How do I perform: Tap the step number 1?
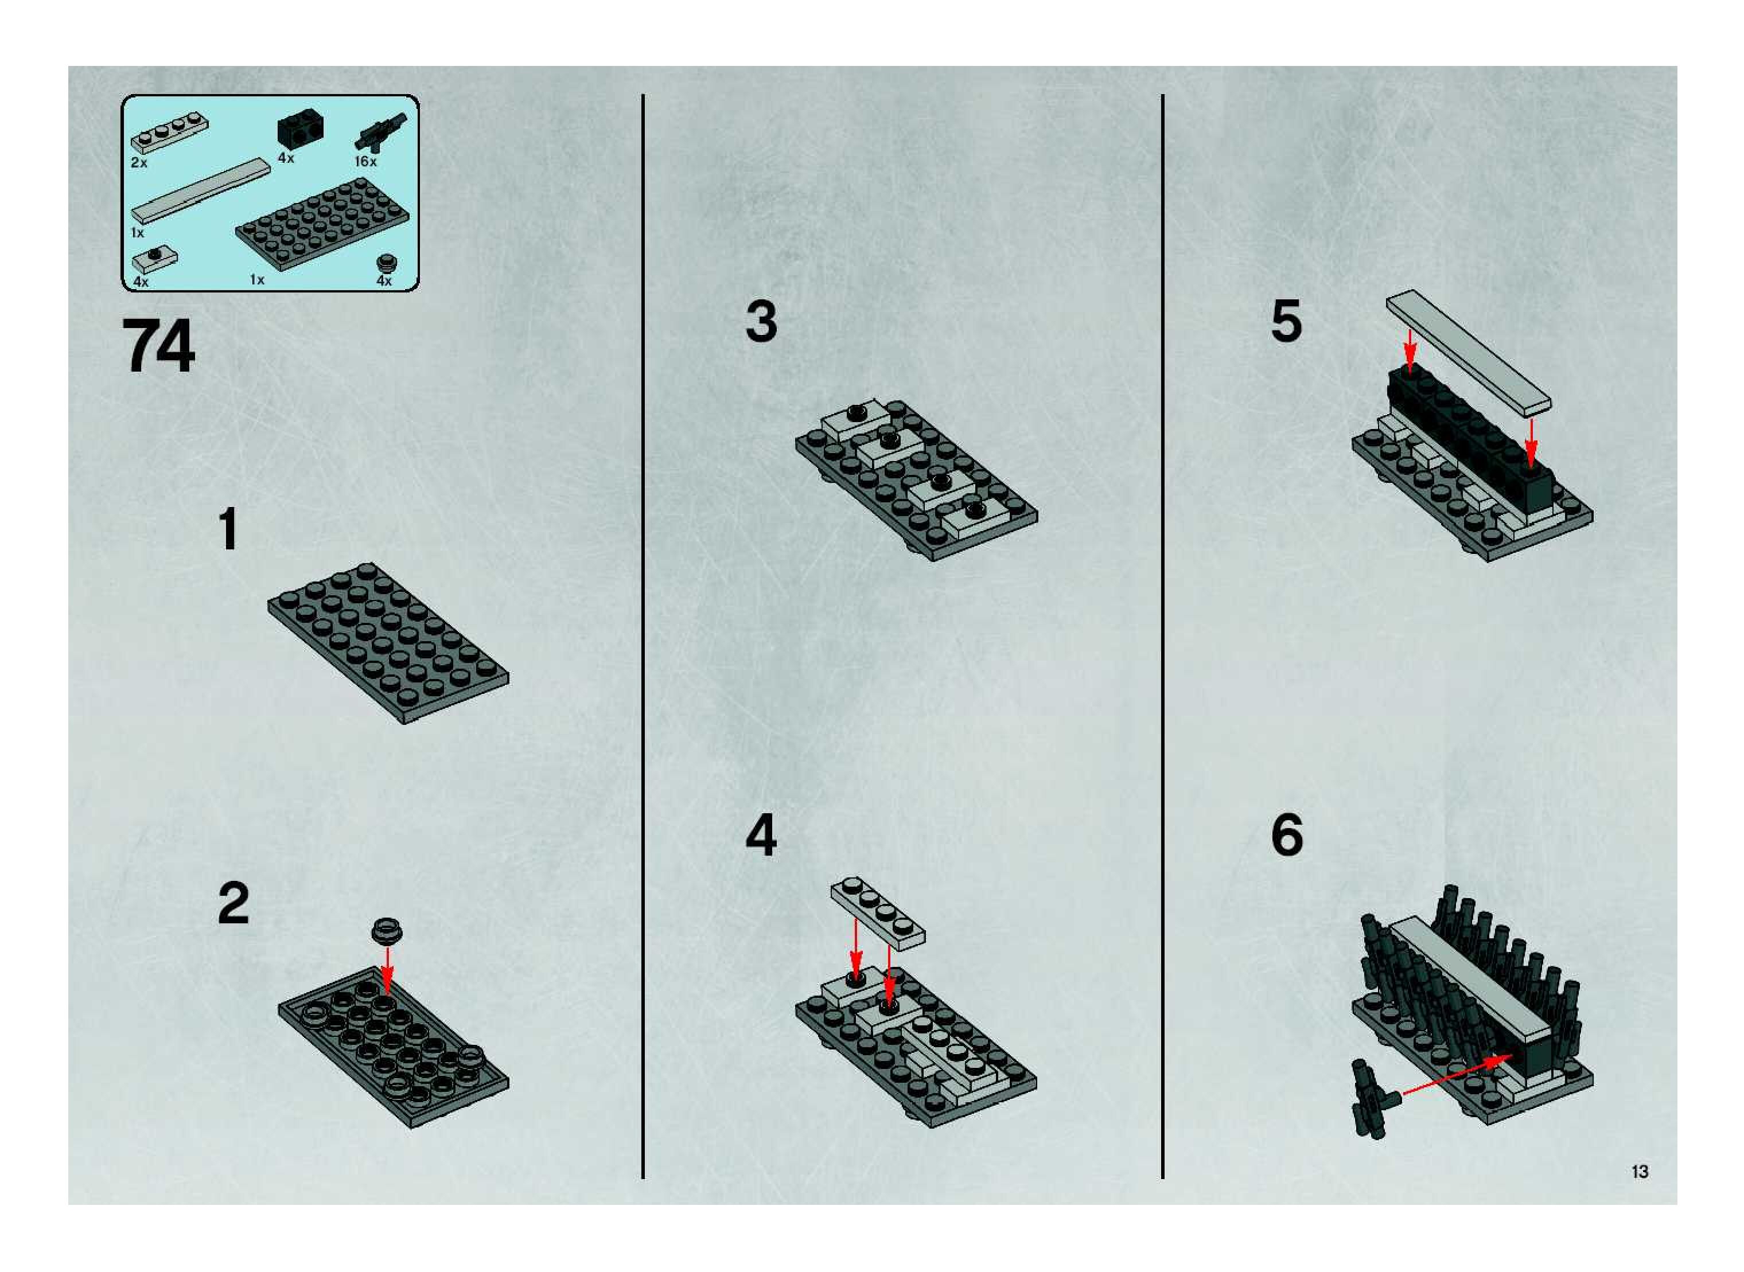(x=228, y=530)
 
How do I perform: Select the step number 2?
(x=233, y=904)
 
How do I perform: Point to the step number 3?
(x=761, y=322)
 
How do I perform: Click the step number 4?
(x=761, y=836)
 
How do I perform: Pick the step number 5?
(x=1286, y=321)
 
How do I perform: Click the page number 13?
(x=1639, y=1171)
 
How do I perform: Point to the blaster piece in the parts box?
(x=380, y=132)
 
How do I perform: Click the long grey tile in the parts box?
(x=201, y=191)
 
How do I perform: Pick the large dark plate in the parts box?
(x=322, y=223)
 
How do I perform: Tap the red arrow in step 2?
(x=387, y=970)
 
